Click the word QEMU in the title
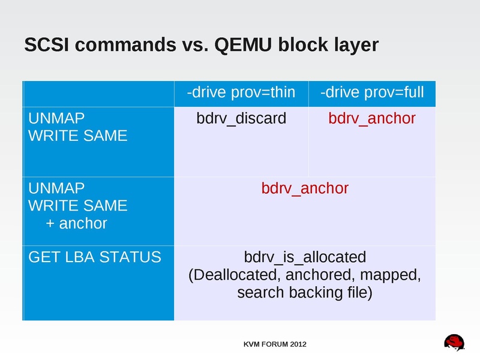click(241, 45)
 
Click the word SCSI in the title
click(44, 45)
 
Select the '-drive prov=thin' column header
click(241, 92)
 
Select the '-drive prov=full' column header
click(372, 92)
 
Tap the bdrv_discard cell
click(241, 118)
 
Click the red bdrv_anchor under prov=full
click(372, 118)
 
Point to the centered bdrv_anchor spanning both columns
click(305, 188)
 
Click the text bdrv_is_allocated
click(305, 257)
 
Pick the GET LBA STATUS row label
click(95, 257)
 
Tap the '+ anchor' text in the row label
click(76, 224)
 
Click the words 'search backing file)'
click(305, 293)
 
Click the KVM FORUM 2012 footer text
click(275, 344)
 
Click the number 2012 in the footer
click(297, 344)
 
